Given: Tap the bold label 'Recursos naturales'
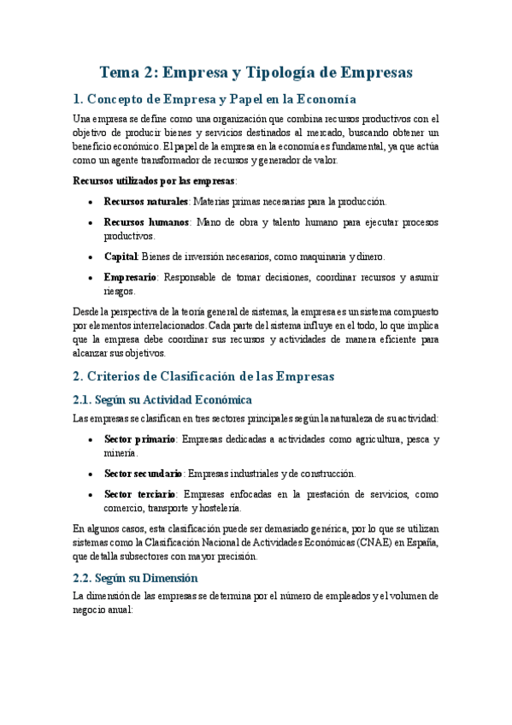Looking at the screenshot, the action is coord(146,202).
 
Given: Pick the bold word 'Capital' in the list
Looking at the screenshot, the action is coord(121,256).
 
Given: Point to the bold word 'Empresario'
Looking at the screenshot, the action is coord(130,277).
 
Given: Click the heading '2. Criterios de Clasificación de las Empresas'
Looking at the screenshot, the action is coord(203,377).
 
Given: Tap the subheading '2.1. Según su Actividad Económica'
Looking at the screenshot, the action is coord(162,399).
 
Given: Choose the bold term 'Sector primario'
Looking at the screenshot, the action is coord(140,439).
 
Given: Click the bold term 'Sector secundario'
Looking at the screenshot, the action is coord(143,474).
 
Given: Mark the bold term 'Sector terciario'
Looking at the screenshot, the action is coord(140,494).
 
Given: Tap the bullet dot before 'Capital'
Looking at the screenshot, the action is coord(91,257).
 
